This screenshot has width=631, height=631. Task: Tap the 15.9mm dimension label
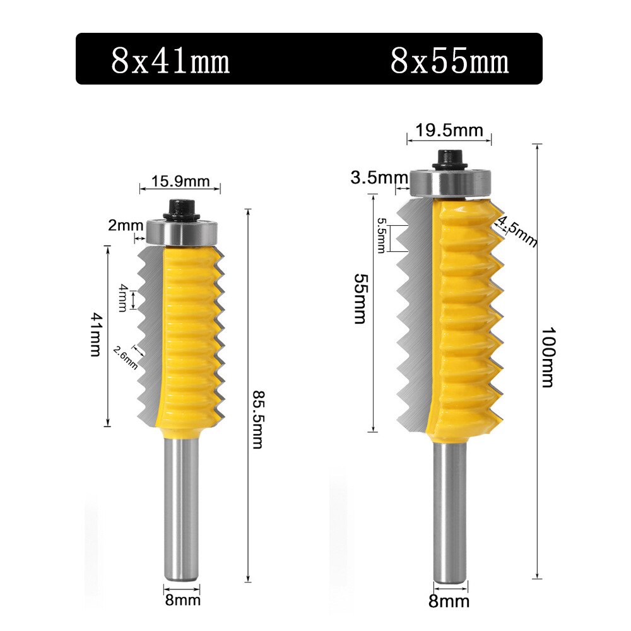pos(180,182)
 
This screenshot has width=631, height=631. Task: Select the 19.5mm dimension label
pos(449,131)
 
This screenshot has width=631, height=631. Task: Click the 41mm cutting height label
pos(95,334)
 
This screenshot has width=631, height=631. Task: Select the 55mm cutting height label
pos(360,298)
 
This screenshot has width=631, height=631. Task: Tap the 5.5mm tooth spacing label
pos(382,235)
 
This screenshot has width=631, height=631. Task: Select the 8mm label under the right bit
pos(449,601)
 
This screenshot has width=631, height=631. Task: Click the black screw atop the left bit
pos(182,209)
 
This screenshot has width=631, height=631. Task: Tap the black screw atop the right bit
pos(450,158)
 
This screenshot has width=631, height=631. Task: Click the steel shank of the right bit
pos(451,511)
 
